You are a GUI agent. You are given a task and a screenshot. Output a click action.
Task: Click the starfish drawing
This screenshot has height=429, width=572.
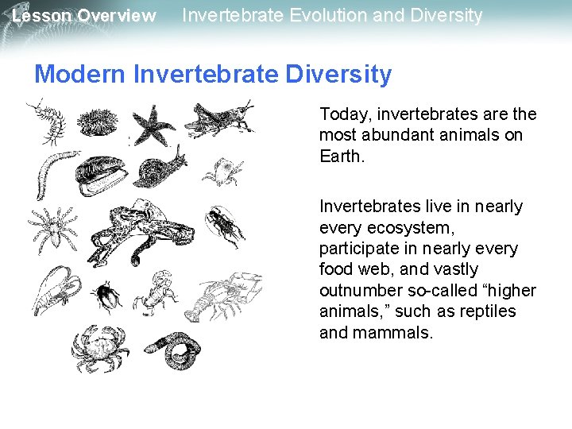click(x=154, y=124)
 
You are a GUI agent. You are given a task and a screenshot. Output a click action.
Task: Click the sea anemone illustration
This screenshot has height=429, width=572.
click(x=99, y=122)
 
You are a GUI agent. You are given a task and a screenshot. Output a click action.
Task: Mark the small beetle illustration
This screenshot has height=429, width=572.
click(x=107, y=297)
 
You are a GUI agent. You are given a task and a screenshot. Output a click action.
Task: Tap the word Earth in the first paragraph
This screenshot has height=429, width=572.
click(x=340, y=156)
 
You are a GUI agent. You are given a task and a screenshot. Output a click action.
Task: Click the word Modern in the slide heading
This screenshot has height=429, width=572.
click(x=80, y=75)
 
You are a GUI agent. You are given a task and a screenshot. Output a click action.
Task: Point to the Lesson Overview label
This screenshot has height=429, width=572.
click(x=84, y=16)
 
